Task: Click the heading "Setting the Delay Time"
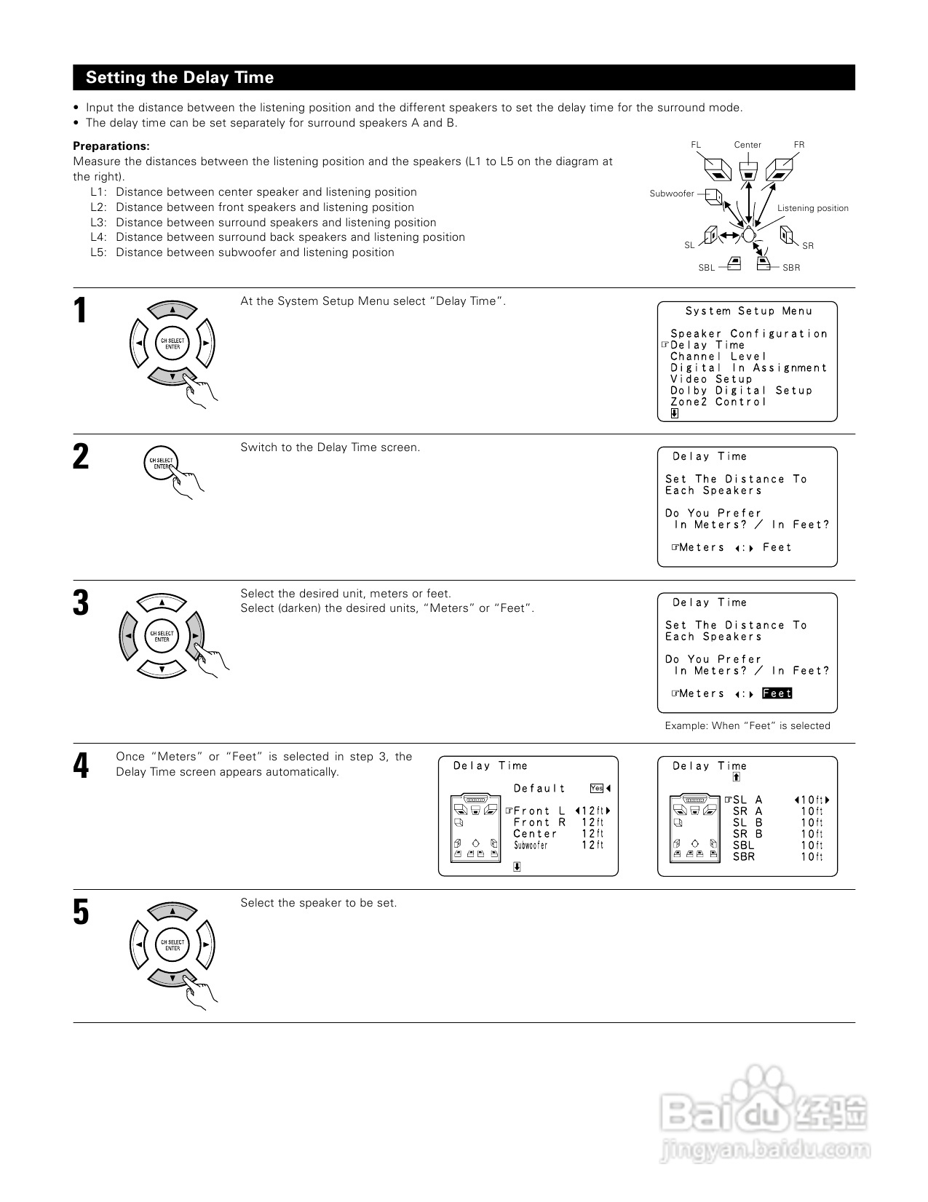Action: pyautogui.click(x=180, y=78)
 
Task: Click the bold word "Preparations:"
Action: pyautogui.click(x=111, y=146)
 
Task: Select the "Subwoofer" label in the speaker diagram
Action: pyautogui.click(x=671, y=194)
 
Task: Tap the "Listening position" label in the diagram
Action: pyautogui.click(x=812, y=208)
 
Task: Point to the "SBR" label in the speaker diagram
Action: pyautogui.click(x=791, y=268)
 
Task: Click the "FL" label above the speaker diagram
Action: pyautogui.click(x=696, y=145)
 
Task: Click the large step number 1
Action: pyautogui.click(x=81, y=311)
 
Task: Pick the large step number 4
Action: pyautogui.click(x=81, y=767)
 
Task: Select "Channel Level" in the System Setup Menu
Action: pyautogui.click(x=718, y=357)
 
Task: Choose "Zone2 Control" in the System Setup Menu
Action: pyautogui.click(x=718, y=402)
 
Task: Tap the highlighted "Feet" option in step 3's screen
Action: pyautogui.click(x=777, y=693)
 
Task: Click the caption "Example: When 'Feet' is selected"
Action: pyautogui.click(x=747, y=725)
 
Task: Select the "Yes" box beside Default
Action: pyautogui.click(x=597, y=788)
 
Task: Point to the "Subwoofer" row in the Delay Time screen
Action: pyautogui.click(x=531, y=845)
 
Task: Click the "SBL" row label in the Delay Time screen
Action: pyautogui.click(x=743, y=845)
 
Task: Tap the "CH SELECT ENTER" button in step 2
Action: pyautogui.click(x=162, y=463)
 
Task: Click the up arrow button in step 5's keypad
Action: pyautogui.click(x=172, y=912)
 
